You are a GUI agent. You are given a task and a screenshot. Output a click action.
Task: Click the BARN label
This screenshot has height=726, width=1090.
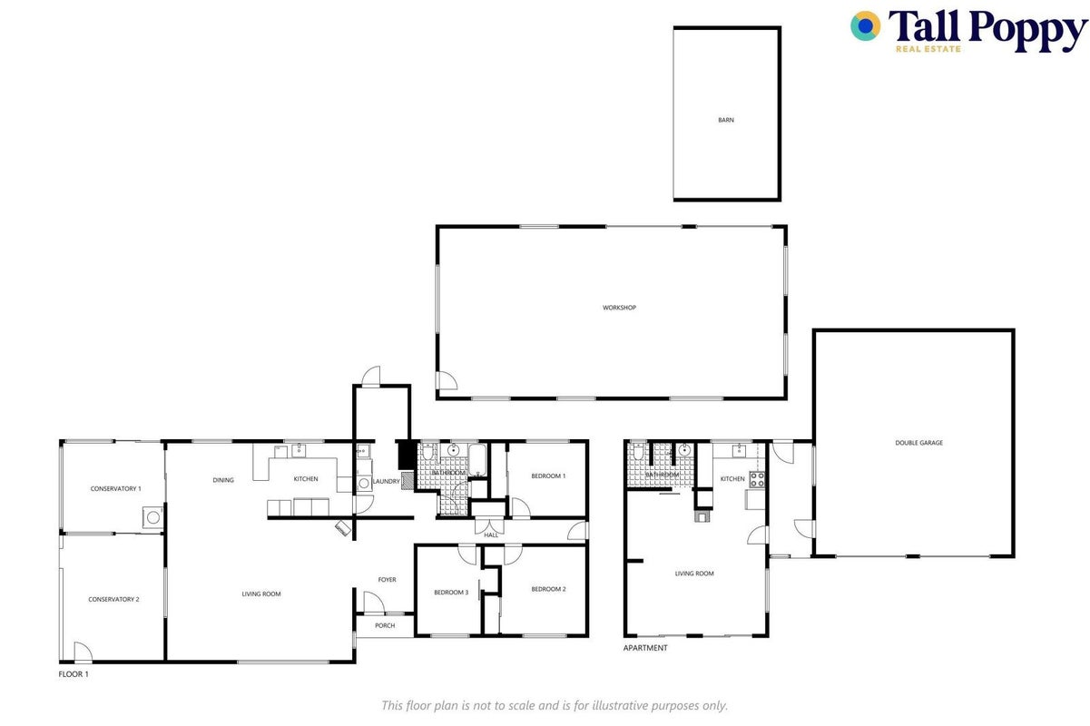click(725, 120)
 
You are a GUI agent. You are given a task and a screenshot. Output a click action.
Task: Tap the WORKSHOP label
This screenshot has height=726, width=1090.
click(619, 308)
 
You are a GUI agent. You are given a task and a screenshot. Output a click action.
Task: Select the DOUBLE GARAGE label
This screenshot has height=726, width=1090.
click(918, 443)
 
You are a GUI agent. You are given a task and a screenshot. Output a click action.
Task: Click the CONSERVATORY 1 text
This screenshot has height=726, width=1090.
click(116, 488)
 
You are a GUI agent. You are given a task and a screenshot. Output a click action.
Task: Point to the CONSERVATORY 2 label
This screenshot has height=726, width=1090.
click(113, 599)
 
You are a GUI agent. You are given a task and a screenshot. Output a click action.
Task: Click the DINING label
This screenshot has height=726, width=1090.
click(223, 480)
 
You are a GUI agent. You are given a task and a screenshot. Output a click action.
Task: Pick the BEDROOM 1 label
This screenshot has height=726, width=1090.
click(548, 476)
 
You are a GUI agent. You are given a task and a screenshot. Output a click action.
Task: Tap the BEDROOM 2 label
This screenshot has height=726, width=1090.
click(548, 589)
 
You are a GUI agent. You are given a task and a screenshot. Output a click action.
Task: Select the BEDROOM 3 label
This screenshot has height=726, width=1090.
click(451, 593)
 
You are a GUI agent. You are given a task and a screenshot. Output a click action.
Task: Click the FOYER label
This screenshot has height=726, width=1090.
click(388, 580)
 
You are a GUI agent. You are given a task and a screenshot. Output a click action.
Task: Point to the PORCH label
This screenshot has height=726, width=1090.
click(385, 625)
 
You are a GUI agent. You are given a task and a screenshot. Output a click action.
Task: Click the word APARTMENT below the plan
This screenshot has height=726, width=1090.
click(645, 648)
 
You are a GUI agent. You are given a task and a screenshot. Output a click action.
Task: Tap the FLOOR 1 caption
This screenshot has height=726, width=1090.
click(74, 674)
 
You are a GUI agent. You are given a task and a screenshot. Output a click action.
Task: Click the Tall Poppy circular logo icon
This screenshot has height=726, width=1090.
click(865, 25)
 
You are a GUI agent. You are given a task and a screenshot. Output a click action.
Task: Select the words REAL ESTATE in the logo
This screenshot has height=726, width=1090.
click(928, 49)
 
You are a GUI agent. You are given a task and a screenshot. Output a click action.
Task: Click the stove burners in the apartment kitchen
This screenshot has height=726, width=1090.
click(757, 479)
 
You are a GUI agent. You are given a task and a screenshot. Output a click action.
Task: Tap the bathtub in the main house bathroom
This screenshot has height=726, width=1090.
click(477, 459)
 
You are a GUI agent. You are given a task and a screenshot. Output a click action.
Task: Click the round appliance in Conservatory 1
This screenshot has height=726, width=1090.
click(153, 517)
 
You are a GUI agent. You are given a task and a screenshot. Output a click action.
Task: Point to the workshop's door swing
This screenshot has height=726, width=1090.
click(447, 380)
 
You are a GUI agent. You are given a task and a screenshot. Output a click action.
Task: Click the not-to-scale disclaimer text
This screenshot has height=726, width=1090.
click(555, 705)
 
